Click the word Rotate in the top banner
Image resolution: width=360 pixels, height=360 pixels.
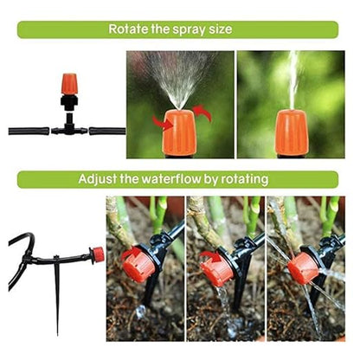(129, 29)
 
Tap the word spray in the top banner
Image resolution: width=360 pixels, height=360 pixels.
(190, 29)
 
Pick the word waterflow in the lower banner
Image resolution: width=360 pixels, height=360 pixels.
(177, 180)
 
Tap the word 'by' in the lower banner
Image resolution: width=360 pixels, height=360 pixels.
(222, 180)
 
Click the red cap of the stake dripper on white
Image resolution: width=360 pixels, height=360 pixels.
(98, 254)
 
